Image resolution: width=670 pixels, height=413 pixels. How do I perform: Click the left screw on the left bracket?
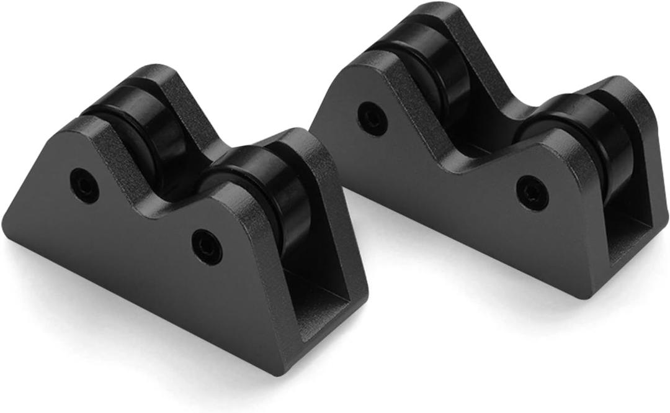(84, 181)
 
